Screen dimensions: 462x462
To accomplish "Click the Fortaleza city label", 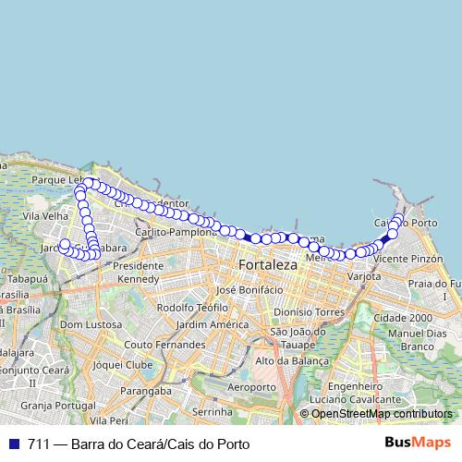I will [x=268, y=265].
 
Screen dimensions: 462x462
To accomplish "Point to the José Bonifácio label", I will [x=249, y=289].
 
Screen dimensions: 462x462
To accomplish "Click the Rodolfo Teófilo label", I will [x=192, y=307].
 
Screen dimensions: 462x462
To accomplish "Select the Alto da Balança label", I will [x=291, y=360].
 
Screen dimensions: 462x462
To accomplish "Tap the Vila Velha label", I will [x=44, y=215].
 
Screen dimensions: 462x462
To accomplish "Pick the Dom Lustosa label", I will [x=91, y=324].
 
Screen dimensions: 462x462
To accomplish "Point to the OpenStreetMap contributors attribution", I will [x=381, y=414].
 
